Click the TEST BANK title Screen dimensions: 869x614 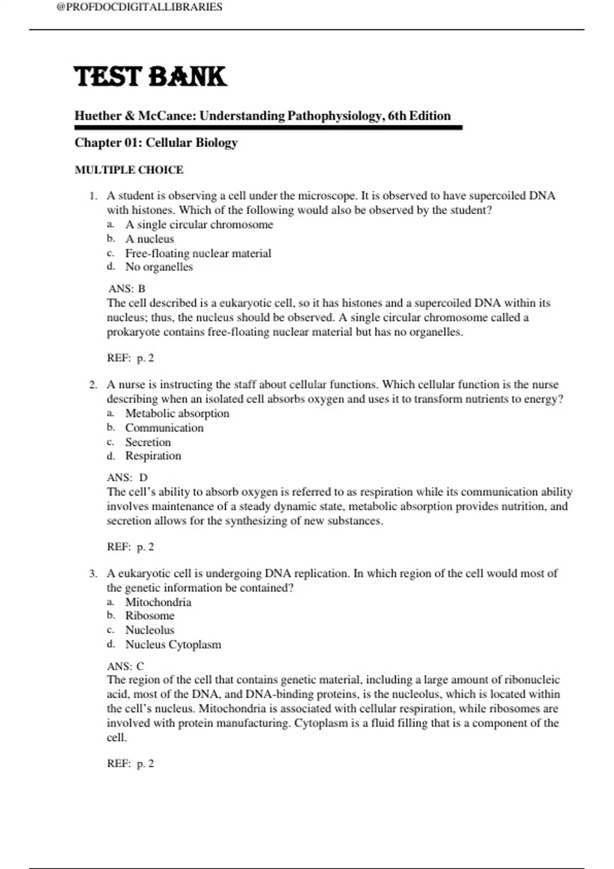(x=150, y=77)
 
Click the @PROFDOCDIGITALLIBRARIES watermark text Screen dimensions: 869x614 (x=140, y=7)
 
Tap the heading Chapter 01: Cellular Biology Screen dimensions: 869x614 (x=156, y=143)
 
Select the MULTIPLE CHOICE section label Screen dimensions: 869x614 (x=129, y=170)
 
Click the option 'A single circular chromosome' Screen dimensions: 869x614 (x=199, y=224)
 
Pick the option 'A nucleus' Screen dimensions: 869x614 (x=149, y=239)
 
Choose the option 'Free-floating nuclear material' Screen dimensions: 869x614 (x=198, y=253)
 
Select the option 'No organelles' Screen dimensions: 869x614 (x=159, y=267)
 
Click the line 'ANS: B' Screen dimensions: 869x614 (x=127, y=289)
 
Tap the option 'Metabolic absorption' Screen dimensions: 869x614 (x=177, y=413)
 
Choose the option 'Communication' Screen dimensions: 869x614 (x=164, y=427)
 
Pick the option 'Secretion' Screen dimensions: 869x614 (x=148, y=442)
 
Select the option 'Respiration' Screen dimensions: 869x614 (x=153, y=455)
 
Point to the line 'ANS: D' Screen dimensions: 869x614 (x=127, y=477)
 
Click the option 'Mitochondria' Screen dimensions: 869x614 (x=158, y=602)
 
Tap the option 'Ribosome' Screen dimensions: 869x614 (x=150, y=615)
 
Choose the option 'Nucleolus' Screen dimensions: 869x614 (x=150, y=630)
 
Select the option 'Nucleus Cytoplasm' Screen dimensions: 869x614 (x=173, y=645)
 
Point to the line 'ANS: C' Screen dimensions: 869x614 (x=126, y=666)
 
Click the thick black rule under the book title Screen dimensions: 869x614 (x=269, y=127)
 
